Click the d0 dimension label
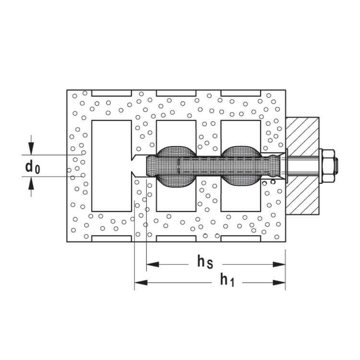[33, 167]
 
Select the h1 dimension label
[227, 280]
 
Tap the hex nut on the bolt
[327, 166]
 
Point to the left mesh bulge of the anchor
[176, 166]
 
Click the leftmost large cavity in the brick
[111, 144]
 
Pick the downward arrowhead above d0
[31, 150]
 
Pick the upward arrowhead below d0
[31, 182]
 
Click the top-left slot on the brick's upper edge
[111, 92]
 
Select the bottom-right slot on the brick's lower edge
[240, 239]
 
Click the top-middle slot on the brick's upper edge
[176, 92]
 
